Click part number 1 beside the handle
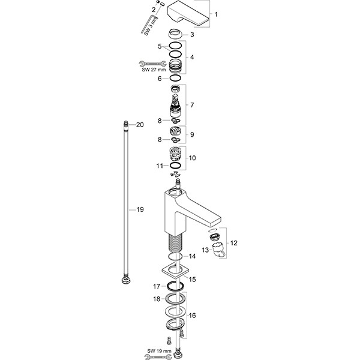[217, 14]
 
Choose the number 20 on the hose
[139, 125]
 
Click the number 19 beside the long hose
[140, 210]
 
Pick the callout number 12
[233, 243]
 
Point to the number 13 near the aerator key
[205, 248]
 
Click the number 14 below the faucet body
[192, 257]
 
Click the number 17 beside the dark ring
[155, 286]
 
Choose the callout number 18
[155, 299]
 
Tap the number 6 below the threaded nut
[160, 79]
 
